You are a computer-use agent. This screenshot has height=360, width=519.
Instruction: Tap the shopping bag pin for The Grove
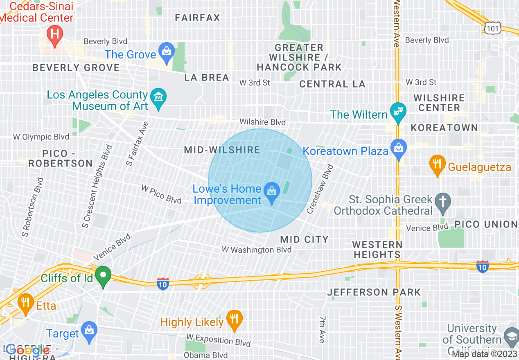(167, 52)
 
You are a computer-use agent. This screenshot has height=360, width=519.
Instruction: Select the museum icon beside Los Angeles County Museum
(158, 98)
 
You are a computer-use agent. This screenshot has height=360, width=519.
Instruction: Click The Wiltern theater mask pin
(397, 112)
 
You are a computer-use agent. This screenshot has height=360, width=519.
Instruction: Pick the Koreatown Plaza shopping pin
(398, 148)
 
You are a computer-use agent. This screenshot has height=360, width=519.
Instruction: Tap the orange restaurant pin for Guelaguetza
(437, 164)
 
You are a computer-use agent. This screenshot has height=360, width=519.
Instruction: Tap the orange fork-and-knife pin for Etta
(26, 303)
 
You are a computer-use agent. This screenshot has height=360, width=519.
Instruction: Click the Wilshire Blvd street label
(262, 122)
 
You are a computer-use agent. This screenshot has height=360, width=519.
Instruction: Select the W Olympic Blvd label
(41, 137)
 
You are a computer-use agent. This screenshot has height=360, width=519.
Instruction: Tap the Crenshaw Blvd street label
(320, 189)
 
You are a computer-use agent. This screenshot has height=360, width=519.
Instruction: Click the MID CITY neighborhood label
(304, 239)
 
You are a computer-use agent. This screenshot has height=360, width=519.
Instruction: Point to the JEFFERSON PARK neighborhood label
(374, 292)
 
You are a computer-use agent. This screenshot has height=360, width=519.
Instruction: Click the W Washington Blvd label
(257, 250)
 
